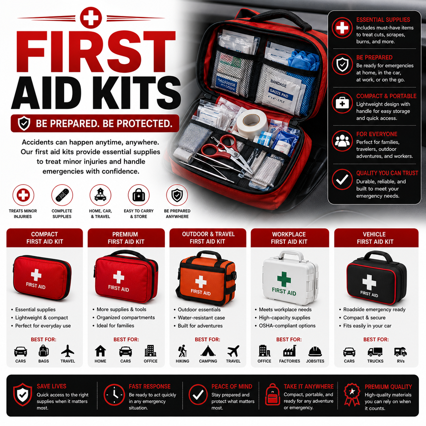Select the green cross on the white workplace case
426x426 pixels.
[x=284, y=279]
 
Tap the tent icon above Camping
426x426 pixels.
[x=208, y=351]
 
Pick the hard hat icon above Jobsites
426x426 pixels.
[x=315, y=351]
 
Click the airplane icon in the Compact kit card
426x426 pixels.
[x=68, y=351]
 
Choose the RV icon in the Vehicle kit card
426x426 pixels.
[x=401, y=352]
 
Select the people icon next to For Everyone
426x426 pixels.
[x=342, y=141]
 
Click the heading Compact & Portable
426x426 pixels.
[x=386, y=96]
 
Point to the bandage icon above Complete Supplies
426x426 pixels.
[x=62, y=195]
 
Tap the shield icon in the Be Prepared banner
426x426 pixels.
[x=24, y=123]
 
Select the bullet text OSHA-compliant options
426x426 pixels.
[x=287, y=326]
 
